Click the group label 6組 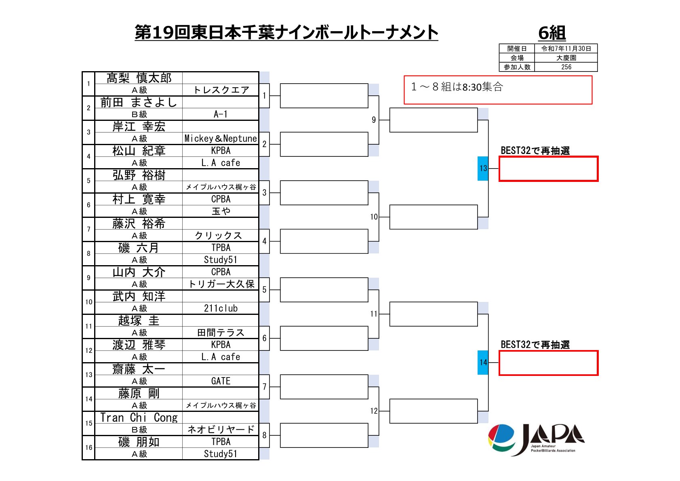[552, 33]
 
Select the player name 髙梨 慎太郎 [139, 78]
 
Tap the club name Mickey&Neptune [221, 139]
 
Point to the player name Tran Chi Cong [139, 418]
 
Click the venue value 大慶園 [566, 58]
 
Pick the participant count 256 [566, 67]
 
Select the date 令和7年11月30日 [566, 49]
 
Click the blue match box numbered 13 [483, 168]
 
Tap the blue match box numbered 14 [483, 362]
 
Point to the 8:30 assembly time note [457, 87]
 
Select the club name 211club [221, 308]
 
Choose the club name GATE [221, 381]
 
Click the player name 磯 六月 [139, 248]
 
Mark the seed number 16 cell [88, 447]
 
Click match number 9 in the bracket [374, 120]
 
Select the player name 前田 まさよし [139, 102]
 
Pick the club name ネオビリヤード [221, 430]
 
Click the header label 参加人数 [517, 67]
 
